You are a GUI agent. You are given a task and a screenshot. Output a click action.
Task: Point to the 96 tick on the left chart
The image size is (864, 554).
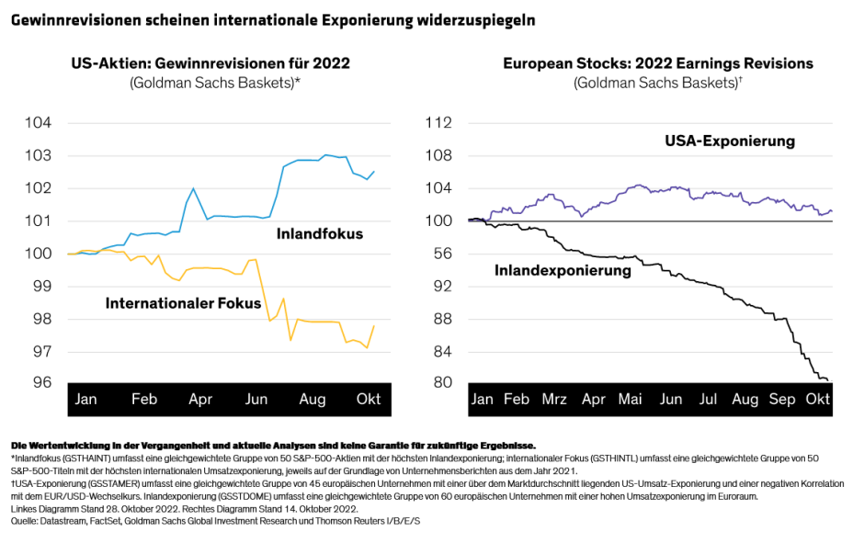coord(42,383)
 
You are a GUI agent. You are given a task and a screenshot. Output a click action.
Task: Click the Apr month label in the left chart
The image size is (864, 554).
coord(199,401)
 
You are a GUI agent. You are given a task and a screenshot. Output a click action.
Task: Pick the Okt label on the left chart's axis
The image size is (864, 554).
coord(368,401)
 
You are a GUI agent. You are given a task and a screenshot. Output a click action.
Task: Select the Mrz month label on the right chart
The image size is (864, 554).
coord(554,401)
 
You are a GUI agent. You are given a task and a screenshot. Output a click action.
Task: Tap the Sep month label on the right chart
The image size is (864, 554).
coord(781,401)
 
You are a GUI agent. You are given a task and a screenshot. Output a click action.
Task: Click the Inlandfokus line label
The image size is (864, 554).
coord(319,234)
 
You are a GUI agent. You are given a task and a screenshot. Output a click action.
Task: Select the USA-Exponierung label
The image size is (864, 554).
coord(730,141)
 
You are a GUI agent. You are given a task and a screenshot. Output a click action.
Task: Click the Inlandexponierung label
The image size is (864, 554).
coord(563,271)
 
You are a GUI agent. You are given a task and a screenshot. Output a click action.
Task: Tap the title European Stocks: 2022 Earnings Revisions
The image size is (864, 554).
coord(657,63)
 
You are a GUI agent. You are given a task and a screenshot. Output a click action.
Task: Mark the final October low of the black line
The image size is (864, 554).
coord(827,380)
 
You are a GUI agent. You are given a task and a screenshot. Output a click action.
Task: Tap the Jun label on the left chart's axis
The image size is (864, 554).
coord(256,401)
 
